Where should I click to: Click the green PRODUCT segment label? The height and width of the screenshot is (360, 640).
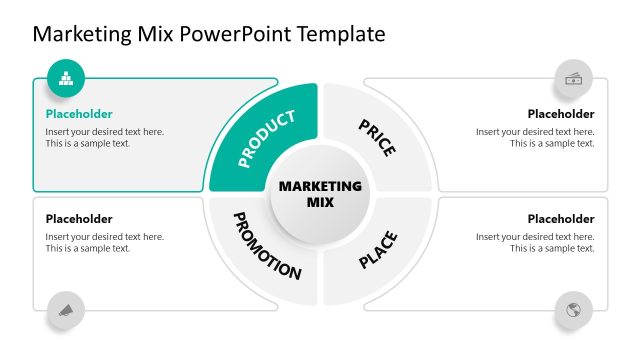click(x=267, y=138)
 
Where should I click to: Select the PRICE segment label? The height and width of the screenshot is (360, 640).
click(x=376, y=138)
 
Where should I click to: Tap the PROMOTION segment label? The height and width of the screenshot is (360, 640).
click(x=267, y=245)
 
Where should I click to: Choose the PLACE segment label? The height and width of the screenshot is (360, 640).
click(x=378, y=250)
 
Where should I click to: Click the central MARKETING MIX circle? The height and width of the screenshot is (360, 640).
click(x=320, y=193)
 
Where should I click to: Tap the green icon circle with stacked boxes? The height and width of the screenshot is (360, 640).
click(x=66, y=77)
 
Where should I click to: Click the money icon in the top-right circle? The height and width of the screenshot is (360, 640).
click(x=574, y=78)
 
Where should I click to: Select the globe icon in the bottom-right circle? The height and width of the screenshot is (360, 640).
click(x=574, y=310)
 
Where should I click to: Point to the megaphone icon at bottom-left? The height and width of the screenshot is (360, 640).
click(x=66, y=310)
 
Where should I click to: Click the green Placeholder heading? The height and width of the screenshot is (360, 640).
click(x=79, y=114)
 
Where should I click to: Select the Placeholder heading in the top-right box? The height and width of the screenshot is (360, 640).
click(x=561, y=114)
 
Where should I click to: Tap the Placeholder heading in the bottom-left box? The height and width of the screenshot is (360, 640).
click(x=79, y=219)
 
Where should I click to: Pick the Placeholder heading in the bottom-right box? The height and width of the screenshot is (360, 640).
click(x=561, y=219)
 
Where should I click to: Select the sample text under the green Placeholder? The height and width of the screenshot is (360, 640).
click(x=104, y=138)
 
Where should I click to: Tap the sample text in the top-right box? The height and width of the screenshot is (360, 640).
click(x=536, y=138)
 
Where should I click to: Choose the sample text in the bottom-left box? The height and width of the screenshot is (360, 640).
click(x=104, y=243)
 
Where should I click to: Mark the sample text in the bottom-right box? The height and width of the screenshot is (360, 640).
click(x=536, y=243)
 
